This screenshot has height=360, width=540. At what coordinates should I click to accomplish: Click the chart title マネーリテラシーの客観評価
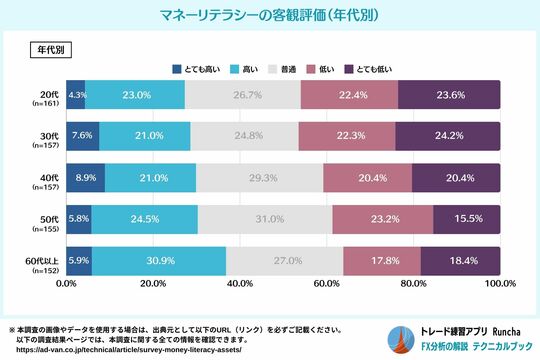(x=269, y=16)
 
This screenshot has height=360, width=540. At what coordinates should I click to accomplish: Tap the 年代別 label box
(x=50, y=48)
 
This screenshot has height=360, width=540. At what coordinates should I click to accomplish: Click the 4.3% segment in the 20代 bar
(x=76, y=95)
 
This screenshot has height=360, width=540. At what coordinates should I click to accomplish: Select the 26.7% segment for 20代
(x=243, y=95)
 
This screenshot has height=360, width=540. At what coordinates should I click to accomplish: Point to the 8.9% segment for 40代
(x=86, y=177)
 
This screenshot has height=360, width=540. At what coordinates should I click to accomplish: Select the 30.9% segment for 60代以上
(x=159, y=260)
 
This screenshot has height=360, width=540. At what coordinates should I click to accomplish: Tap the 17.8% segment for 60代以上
(x=381, y=260)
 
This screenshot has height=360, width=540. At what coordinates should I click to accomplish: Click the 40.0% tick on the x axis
(x=239, y=284)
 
